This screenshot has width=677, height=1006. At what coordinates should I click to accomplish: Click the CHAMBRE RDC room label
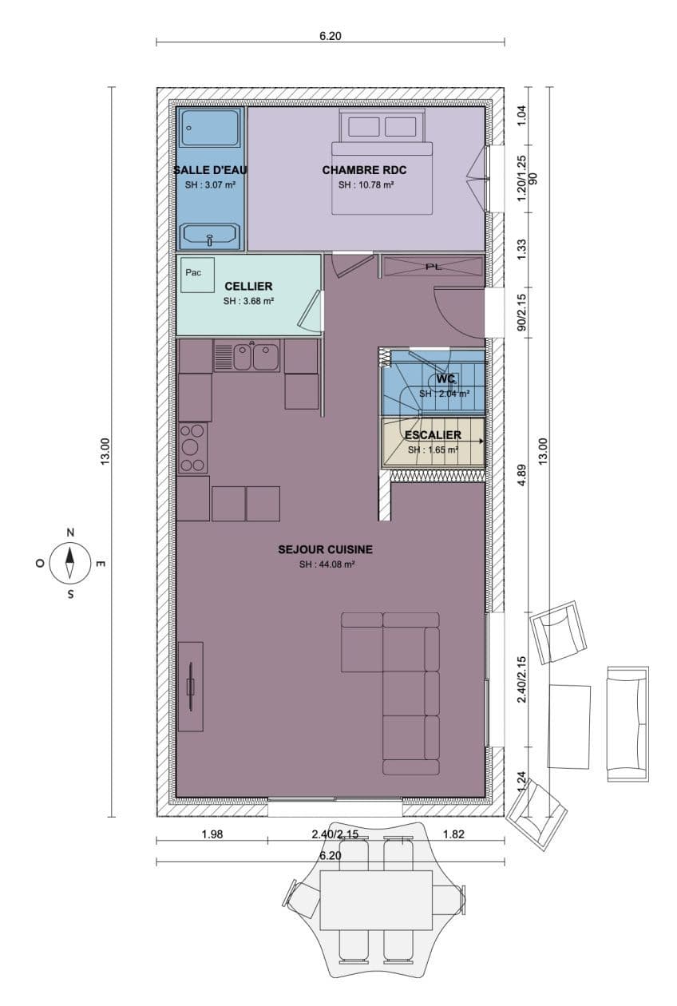(364, 170)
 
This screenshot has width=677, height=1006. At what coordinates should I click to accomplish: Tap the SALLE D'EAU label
(211, 170)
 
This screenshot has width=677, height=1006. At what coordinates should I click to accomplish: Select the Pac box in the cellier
(194, 273)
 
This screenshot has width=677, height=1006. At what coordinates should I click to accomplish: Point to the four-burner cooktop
(192, 448)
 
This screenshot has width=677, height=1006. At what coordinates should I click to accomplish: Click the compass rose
(70, 563)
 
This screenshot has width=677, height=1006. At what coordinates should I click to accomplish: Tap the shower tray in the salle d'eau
(210, 128)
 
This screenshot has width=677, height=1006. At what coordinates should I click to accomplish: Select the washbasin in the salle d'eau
(210, 236)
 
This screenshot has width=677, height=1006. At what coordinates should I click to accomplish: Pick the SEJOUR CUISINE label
(326, 549)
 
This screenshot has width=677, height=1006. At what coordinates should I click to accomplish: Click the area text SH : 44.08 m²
(327, 564)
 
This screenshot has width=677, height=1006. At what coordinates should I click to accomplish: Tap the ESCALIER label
(433, 435)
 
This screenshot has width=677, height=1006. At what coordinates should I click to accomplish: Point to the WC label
(445, 379)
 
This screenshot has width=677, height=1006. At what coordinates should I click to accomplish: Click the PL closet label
(434, 267)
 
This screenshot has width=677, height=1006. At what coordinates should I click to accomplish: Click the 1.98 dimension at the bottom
(212, 834)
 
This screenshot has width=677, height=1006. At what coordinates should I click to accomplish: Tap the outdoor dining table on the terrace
(376, 900)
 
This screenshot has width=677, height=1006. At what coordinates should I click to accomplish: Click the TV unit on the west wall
(190, 687)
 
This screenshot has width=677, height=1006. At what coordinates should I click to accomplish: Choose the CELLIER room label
(248, 286)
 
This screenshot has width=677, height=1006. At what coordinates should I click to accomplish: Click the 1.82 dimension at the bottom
(454, 834)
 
